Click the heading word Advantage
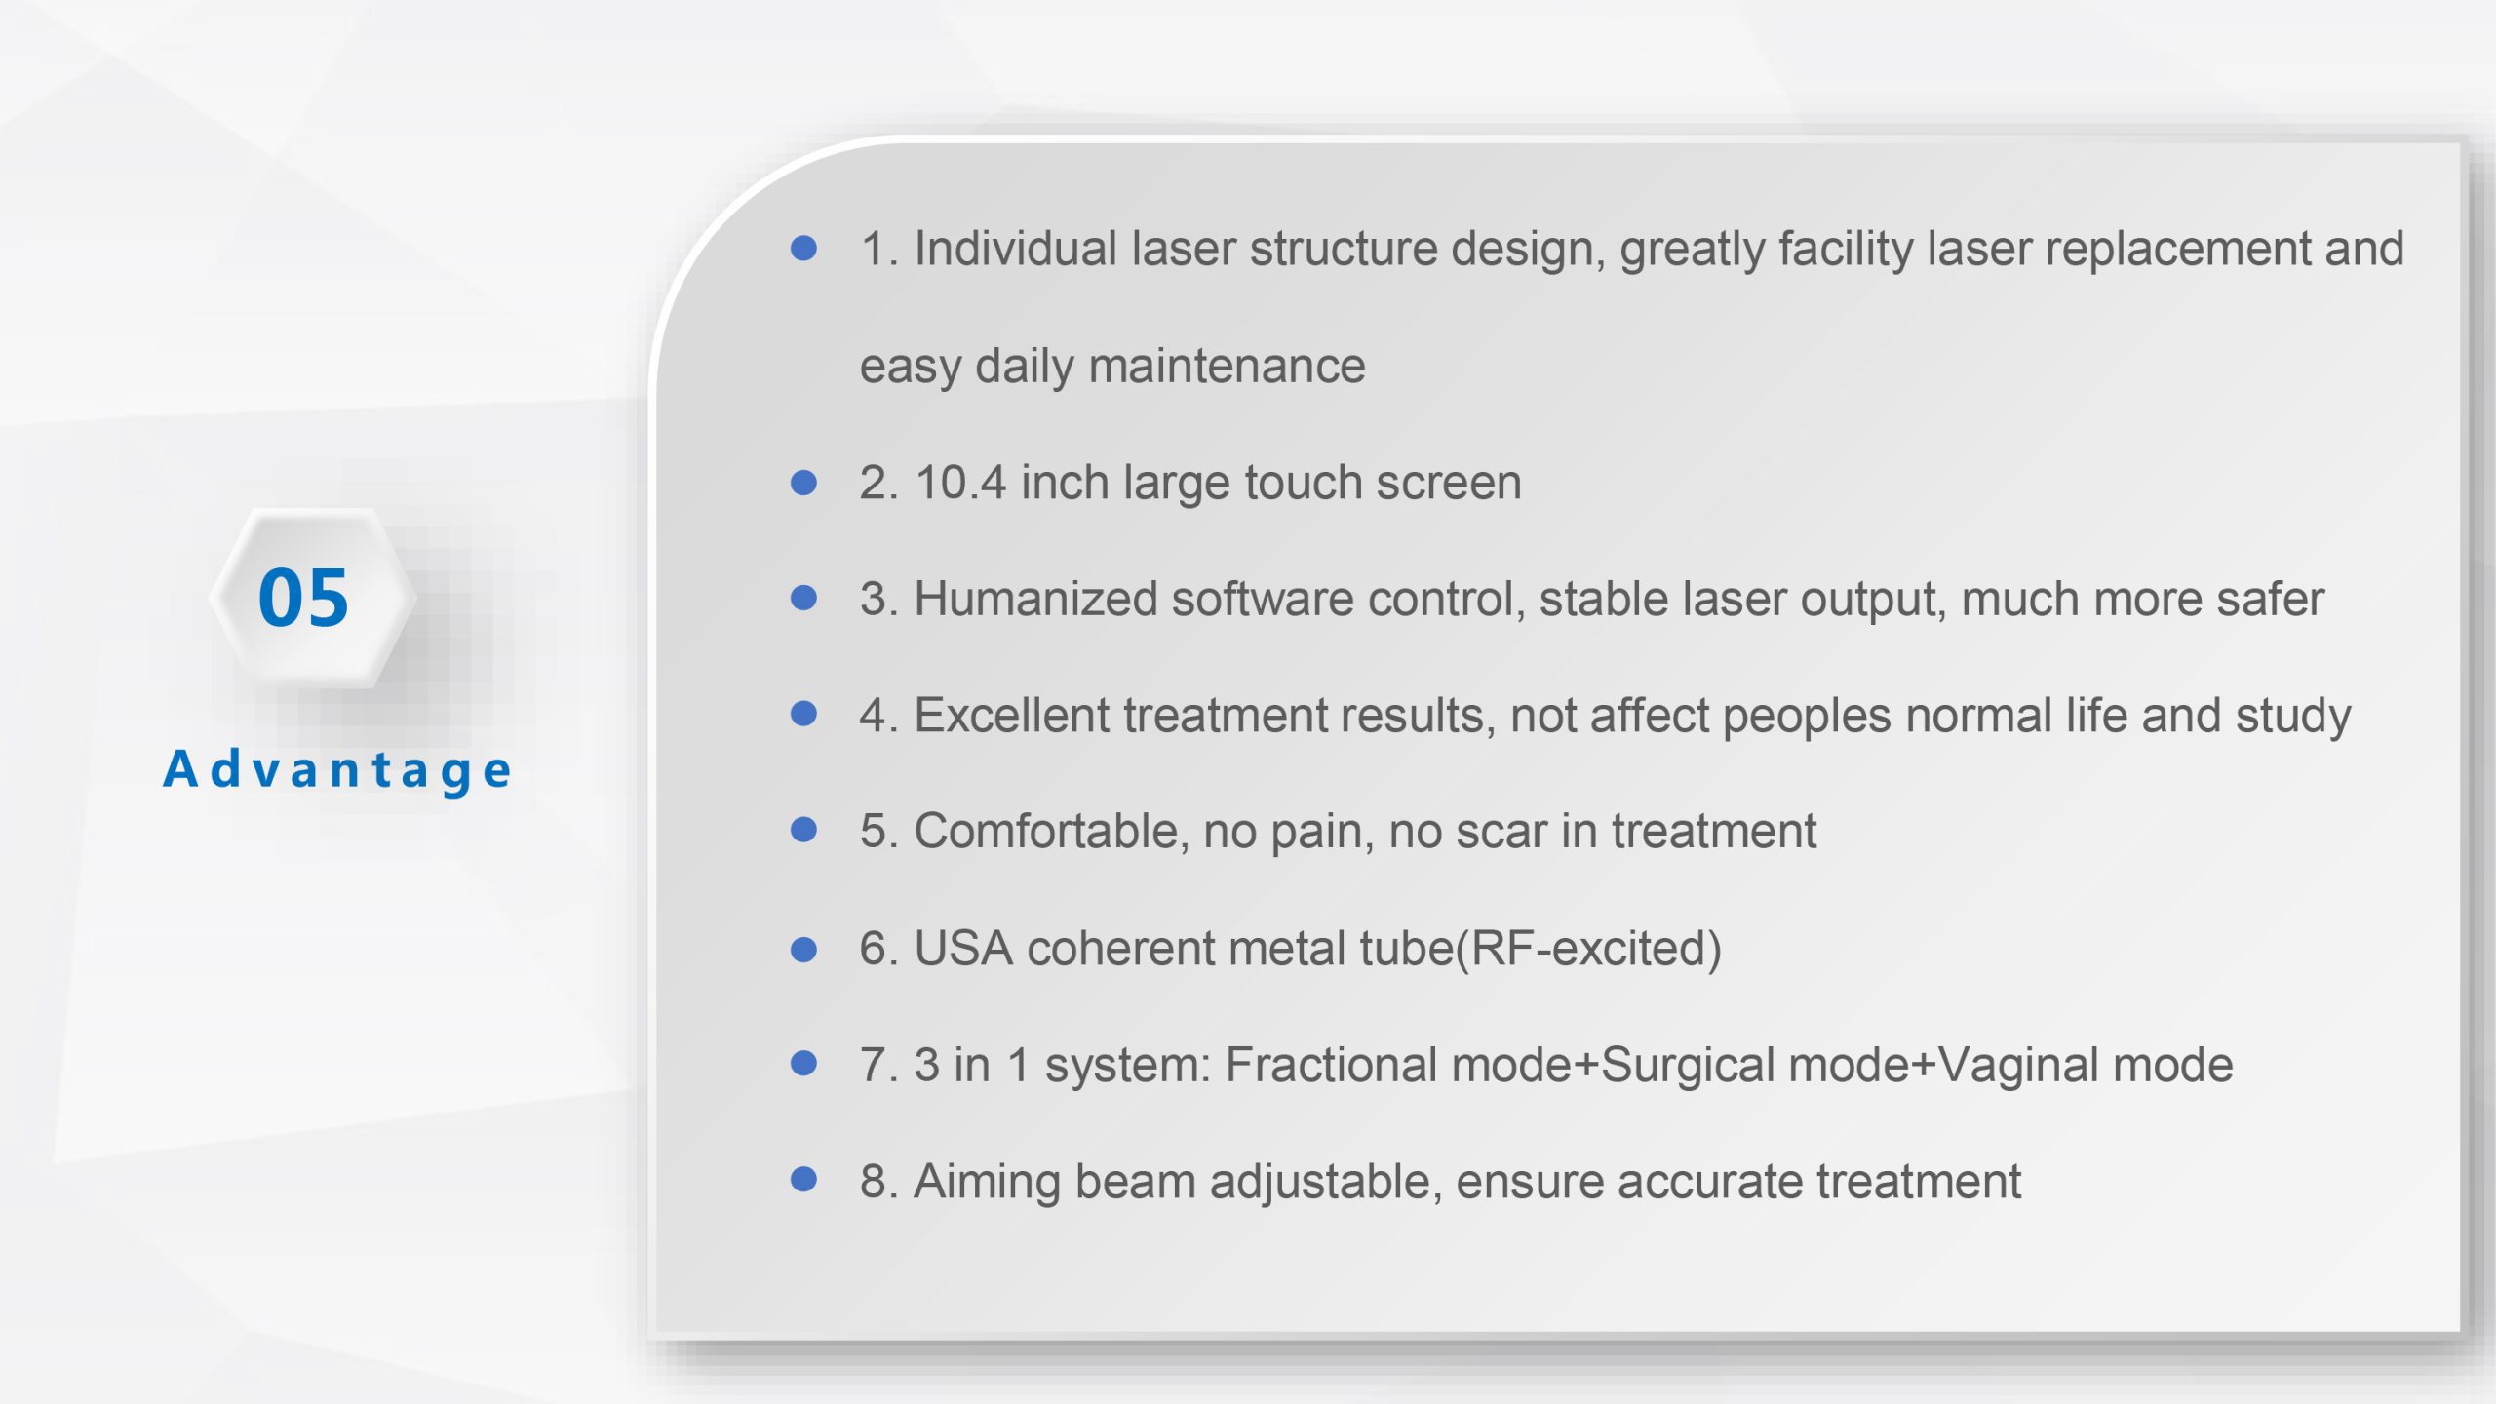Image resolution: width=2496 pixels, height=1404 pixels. pyautogui.click(x=337, y=770)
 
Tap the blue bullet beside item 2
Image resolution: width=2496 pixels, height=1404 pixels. pyautogui.click(x=803, y=482)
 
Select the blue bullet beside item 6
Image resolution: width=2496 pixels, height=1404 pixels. pyautogui.click(x=803, y=949)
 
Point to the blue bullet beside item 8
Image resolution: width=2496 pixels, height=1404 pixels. pyautogui.click(x=803, y=1180)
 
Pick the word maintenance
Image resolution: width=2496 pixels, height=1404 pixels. pyautogui.click(x=1227, y=367)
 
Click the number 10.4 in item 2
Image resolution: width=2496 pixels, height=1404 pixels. pyautogui.click(x=960, y=483)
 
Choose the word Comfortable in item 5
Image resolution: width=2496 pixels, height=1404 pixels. pyautogui.click(x=1051, y=832)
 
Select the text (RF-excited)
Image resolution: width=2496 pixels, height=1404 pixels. pyautogui.click(x=1588, y=949)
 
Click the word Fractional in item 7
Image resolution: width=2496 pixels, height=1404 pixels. pyautogui.click(x=1331, y=1065)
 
